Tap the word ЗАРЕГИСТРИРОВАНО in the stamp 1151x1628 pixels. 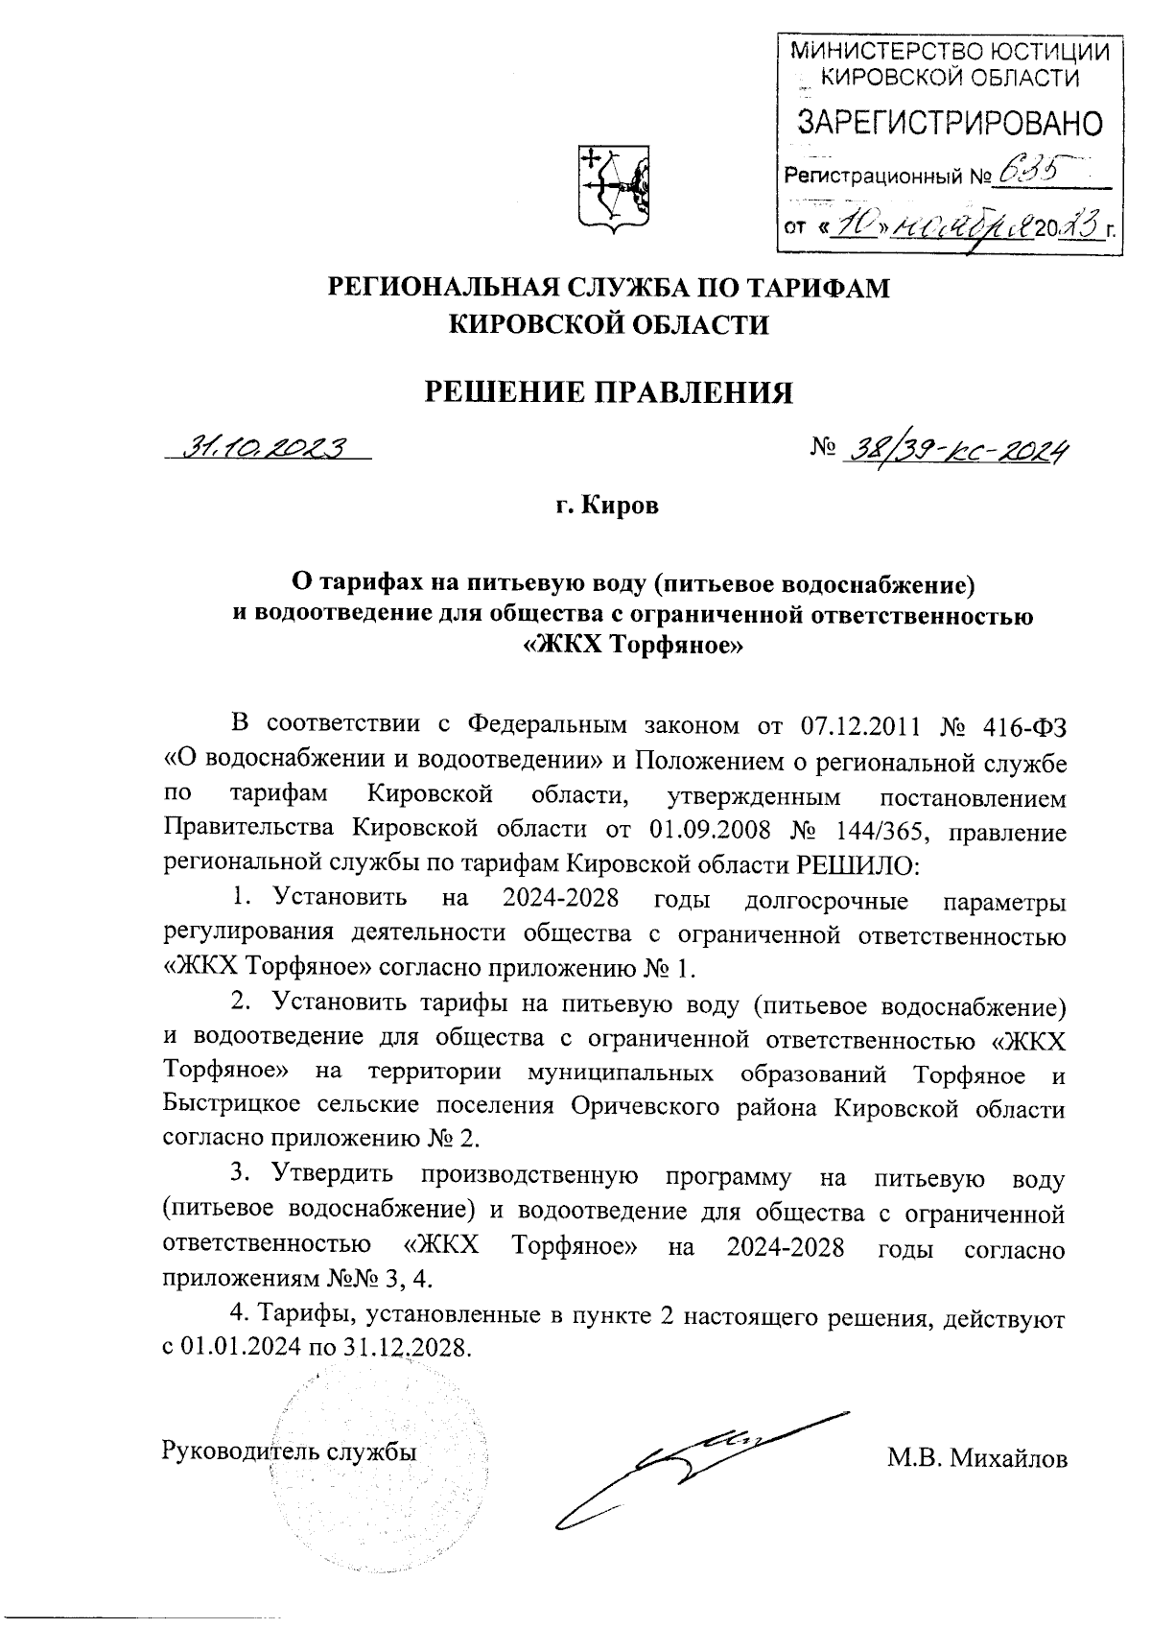click(951, 122)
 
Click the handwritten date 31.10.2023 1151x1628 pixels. click(268, 447)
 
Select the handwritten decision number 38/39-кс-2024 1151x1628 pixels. click(955, 447)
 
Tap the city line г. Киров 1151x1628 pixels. click(608, 506)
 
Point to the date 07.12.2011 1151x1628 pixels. click(859, 724)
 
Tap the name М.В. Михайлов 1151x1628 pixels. click(976, 1459)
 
